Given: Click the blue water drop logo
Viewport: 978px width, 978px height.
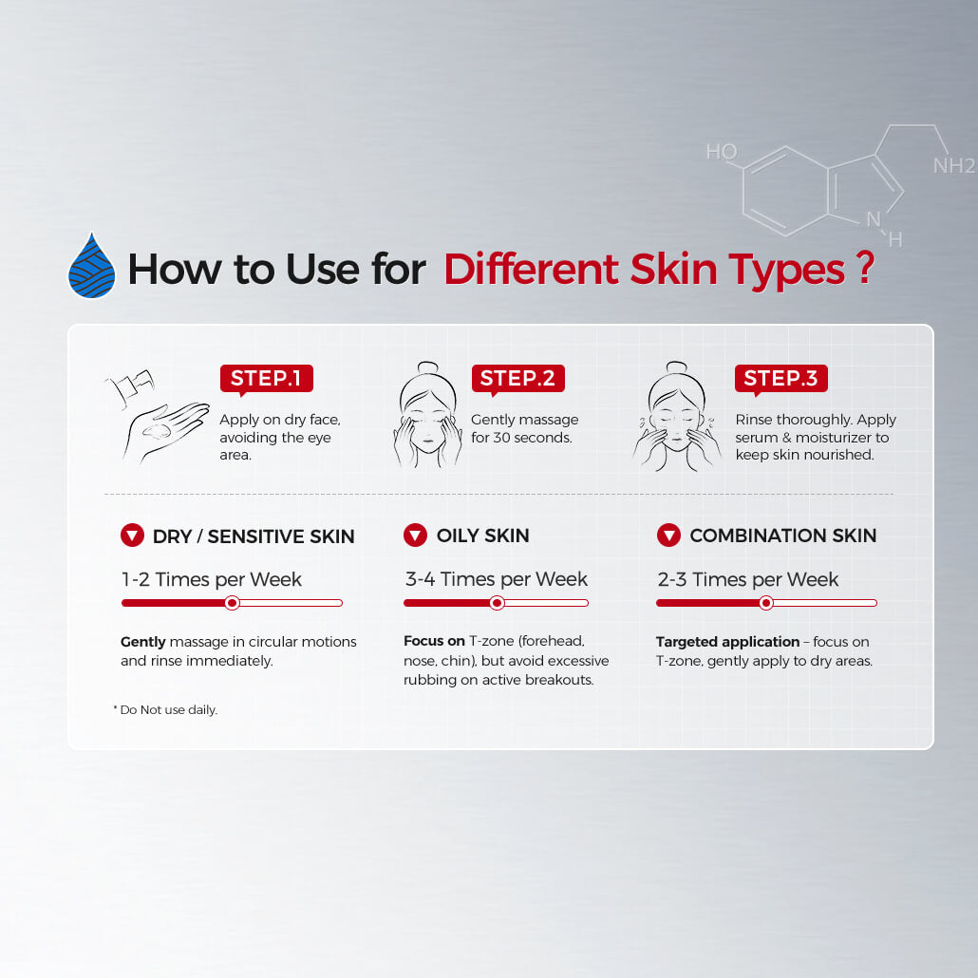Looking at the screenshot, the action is click(x=92, y=266).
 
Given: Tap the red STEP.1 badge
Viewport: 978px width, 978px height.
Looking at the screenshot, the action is click(x=266, y=379).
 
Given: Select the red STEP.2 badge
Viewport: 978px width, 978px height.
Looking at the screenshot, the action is click(x=517, y=379).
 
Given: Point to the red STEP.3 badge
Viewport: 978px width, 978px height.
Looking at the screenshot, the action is click(x=781, y=379).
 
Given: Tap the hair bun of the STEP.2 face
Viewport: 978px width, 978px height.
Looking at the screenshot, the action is click(x=428, y=368).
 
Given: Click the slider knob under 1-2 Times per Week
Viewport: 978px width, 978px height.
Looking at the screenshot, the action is click(x=232, y=603).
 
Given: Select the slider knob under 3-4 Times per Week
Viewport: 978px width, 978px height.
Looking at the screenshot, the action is click(x=498, y=603).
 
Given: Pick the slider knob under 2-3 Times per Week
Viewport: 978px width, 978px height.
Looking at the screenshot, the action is click(x=766, y=603).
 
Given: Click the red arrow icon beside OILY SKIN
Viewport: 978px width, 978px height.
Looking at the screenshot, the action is click(x=415, y=536).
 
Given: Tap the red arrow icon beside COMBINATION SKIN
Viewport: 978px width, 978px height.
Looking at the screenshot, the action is click(x=668, y=536).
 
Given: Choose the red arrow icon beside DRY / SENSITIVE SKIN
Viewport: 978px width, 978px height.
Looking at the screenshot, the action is click(x=132, y=536).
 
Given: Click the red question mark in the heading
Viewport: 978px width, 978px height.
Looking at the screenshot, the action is click(x=865, y=268).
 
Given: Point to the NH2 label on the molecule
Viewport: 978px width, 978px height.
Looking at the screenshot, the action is click(x=954, y=166).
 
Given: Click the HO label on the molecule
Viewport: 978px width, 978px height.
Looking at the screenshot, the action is click(x=722, y=152).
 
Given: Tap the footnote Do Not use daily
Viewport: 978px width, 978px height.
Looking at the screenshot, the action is click(x=166, y=710).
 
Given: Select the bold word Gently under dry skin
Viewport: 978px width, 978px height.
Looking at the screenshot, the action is click(x=142, y=642).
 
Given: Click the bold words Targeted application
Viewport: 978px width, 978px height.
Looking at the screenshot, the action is click(x=727, y=642).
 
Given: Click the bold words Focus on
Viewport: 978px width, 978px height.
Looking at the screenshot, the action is click(x=434, y=641).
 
